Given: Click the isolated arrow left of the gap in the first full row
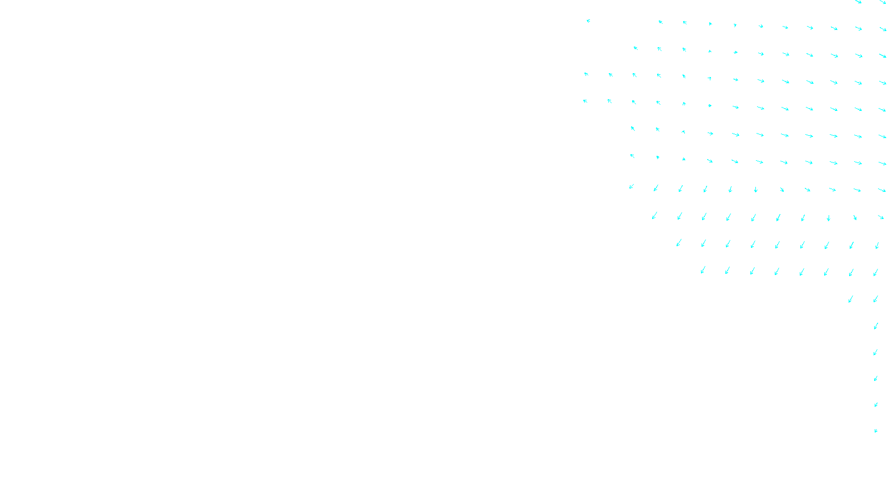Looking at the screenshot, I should point(588,21).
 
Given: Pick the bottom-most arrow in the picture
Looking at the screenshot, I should point(876,430).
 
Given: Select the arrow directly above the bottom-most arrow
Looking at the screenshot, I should point(876,405).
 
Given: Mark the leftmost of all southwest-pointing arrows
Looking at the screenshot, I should point(631,186).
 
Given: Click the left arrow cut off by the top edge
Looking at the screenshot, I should point(858,2).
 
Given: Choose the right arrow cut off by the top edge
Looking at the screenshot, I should point(883,2).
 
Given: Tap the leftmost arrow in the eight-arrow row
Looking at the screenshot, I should point(703,270).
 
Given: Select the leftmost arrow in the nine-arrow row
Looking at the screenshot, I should point(678,243).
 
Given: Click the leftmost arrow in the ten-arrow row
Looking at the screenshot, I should point(655,216).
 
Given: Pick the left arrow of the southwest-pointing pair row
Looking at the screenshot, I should point(851,299).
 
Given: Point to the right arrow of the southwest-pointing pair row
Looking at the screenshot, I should point(876,299).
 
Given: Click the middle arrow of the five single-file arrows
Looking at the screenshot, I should point(876,378).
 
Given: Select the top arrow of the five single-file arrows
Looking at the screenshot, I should point(876,326).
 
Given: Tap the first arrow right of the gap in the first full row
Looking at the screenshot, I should point(660,22).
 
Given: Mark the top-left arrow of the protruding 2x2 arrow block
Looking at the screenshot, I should point(586,74).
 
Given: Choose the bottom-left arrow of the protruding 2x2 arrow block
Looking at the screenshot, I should point(585,101).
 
